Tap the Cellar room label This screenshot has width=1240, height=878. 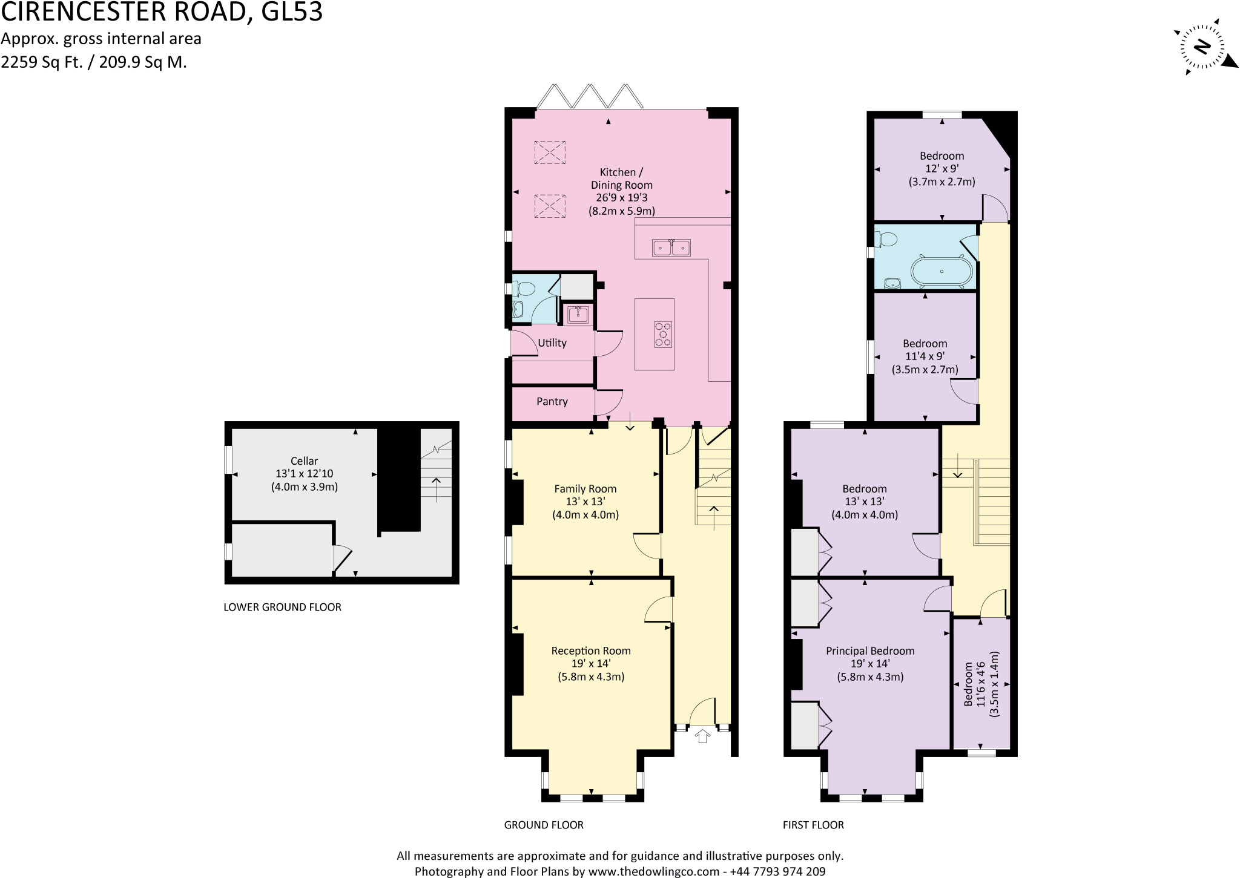click(304, 461)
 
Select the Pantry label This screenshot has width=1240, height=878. click(552, 402)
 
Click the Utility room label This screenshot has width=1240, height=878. click(552, 343)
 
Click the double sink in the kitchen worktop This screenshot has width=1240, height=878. click(671, 247)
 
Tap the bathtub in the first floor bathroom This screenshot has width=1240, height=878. click(942, 272)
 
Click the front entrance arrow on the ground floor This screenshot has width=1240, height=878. click(702, 736)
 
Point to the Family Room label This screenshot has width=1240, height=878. click(585, 489)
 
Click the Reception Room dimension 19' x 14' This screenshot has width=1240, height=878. click(591, 664)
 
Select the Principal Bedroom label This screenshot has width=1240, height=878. click(870, 651)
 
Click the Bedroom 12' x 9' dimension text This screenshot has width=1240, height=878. click(942, 169)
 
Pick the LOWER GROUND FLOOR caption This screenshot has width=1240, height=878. click(282, 607)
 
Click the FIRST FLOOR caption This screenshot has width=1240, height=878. click(813, 825)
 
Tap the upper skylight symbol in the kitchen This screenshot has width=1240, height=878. click(549, 152)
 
